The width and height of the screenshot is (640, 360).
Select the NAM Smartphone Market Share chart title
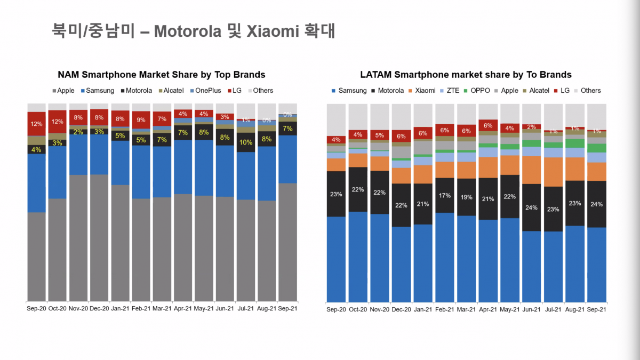tap(161, 75)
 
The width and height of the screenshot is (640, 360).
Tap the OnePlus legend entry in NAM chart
tap(209, 91)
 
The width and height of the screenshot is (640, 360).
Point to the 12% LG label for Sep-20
tap(36, 124)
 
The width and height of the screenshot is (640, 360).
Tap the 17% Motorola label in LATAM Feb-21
tap(444, 195)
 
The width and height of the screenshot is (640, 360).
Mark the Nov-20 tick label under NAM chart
tap(78, 308)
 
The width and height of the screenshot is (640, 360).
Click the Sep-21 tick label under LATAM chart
tap(596, 309)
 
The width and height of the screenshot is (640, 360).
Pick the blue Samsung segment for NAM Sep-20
tap(36, 183)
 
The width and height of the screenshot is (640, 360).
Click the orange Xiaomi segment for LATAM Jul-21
tap(553, 172)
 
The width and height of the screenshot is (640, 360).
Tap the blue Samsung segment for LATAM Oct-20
tap(358, 256)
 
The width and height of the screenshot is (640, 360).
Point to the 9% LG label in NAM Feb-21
tap(141, 120)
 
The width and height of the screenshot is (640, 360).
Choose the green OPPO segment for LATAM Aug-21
tap(574, 143)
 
